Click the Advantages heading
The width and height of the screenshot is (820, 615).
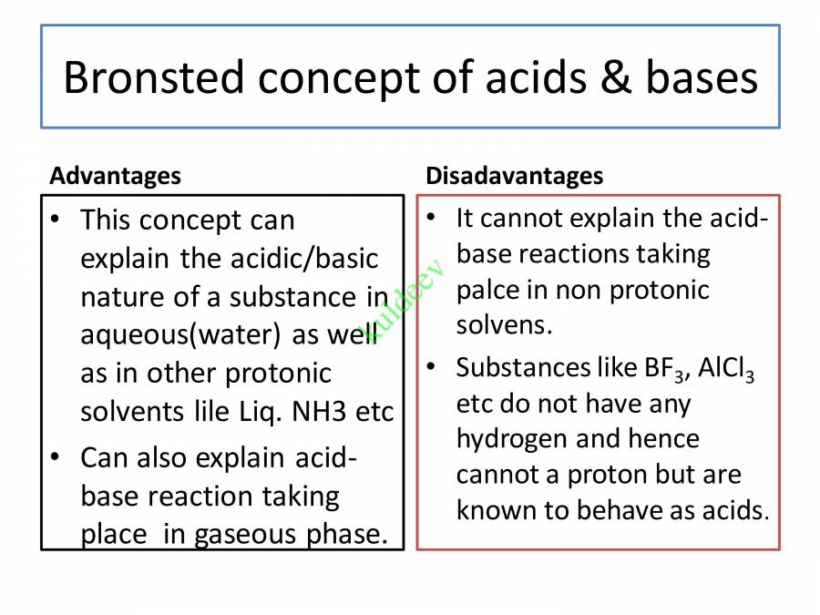(115, 175)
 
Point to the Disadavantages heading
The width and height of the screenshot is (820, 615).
(514, 175)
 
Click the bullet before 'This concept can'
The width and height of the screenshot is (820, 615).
(58, 220)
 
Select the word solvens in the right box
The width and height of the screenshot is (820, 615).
(504, 325)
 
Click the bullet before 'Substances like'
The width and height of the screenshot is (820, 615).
(435, 367)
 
